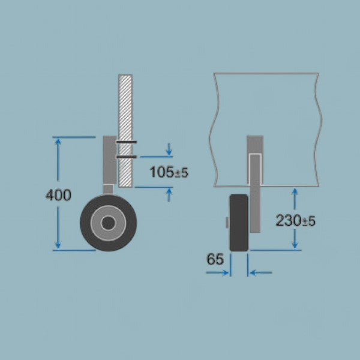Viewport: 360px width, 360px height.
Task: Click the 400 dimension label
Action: coord(58,196)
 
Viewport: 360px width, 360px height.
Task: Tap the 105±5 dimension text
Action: coord(169,172)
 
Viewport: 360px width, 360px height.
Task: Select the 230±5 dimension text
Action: coord(295,220)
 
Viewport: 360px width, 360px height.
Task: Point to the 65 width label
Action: coord(215,259)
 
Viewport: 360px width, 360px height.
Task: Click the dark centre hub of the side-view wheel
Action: coord(109,223)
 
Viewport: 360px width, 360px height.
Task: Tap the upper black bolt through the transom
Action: coord(127,142)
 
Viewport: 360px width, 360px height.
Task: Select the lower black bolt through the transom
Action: coord(127,157)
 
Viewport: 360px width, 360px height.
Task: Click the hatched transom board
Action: coord(125,131)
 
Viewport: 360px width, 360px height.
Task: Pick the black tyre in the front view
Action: coord(239,223)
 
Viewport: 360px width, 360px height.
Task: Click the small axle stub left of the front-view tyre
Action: coord(227,223)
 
